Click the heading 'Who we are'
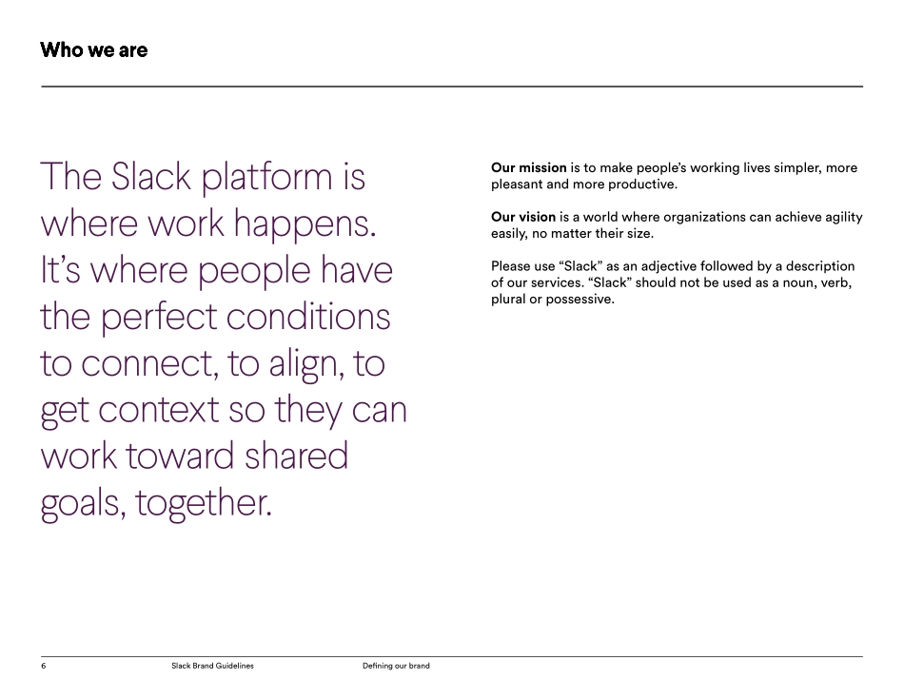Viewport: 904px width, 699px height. pyautogui.click(x=93, y=49)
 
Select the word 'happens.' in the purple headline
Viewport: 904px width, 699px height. pyautogui.click(x=305, y=224)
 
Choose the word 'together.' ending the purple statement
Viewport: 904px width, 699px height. pyautogui.click(x=204, y=503)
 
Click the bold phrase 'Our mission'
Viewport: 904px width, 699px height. pyautogui.click(x=528, y=168)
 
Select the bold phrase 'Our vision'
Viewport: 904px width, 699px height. pyautogui.click(x=523, y=217)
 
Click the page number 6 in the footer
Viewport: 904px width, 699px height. pyautogui.click(x=43, y=666)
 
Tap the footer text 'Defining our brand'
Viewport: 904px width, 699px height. pyautogui.click(x=396, y=666)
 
